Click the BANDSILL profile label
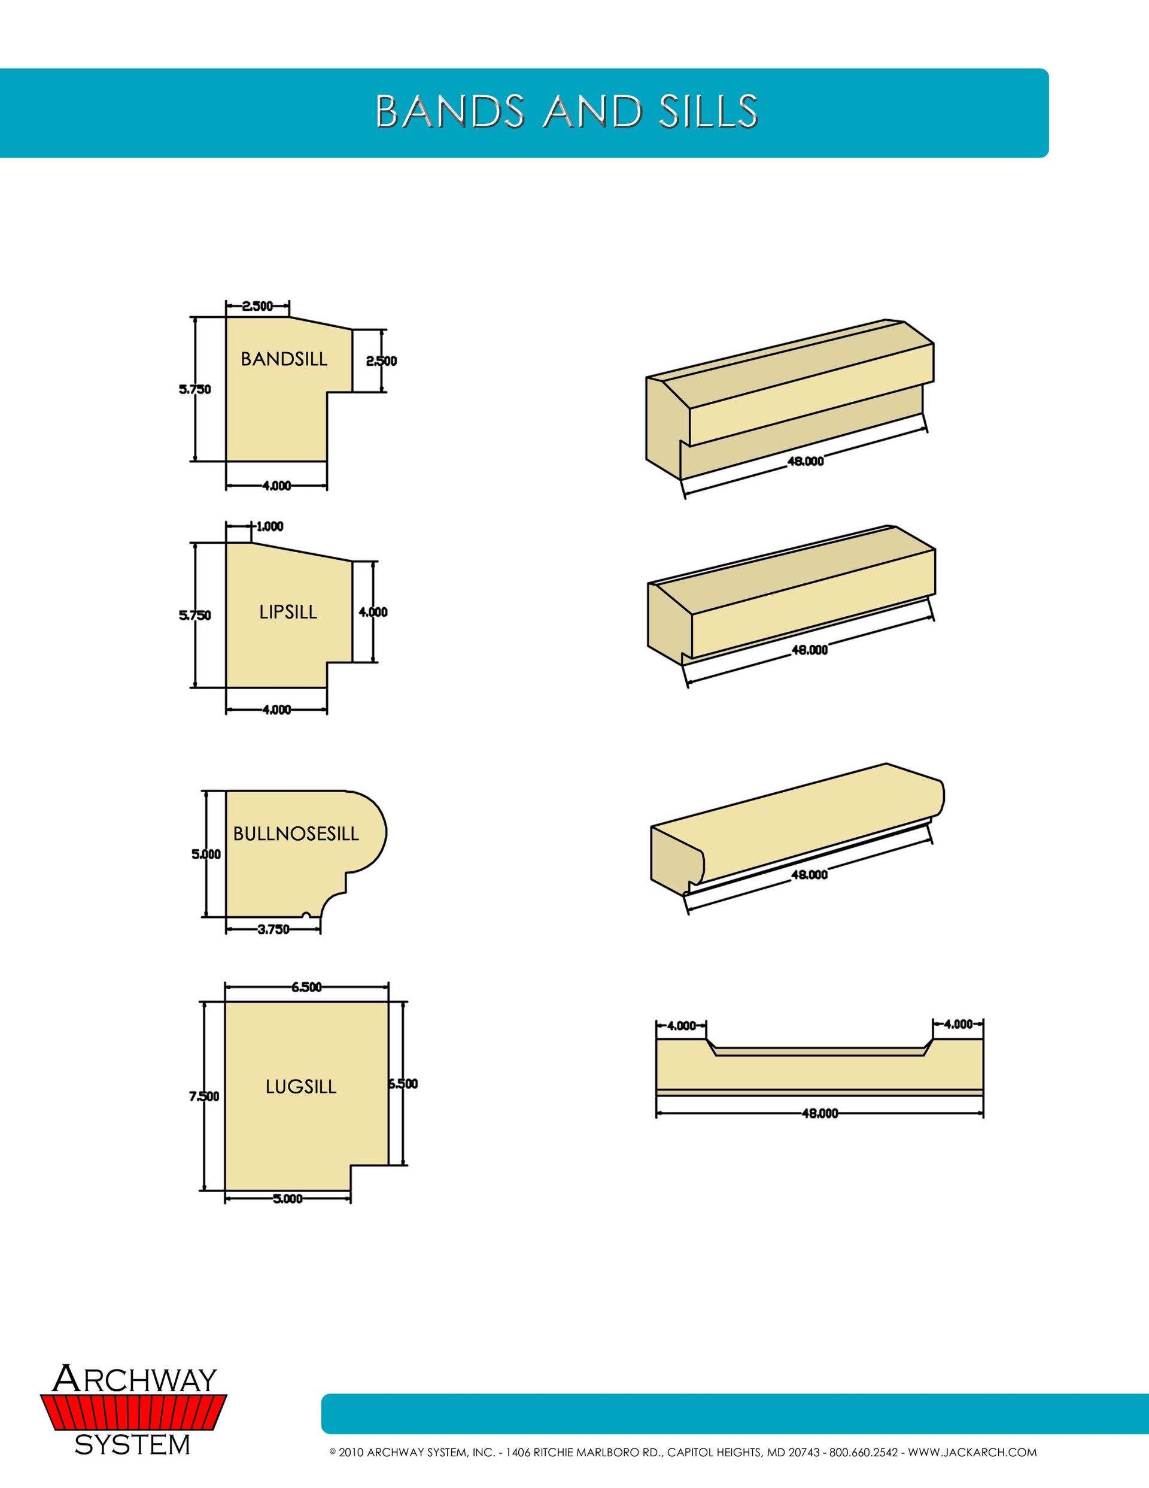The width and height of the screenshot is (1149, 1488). pyautogui.click(x=284, y=359)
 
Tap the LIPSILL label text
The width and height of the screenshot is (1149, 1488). pyautogui.click(x=288, y=612)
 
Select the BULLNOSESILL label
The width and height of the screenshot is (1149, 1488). pyautogui.click(x=296, y=834)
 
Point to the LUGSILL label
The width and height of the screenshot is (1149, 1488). pyautogui.click(x=301, y=1087)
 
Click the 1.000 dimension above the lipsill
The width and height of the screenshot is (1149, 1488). pyautogui.click(x=270, y=526)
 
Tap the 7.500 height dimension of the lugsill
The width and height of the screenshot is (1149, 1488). pyautogui.click(x=203, y=1096)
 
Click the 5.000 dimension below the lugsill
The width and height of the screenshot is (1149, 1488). pyautogui.click(x=287, y=1199)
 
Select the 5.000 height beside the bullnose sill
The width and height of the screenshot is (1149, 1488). pyautogui.click(x=206, y=854)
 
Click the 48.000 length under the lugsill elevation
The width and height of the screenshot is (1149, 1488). pyautogui.click(x=820, y=1114)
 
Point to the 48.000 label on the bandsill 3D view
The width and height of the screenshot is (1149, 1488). pyautogui.click(x=805, y=461)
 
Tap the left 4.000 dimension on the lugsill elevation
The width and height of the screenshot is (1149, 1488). pyautogui.click(x=681, y=1025)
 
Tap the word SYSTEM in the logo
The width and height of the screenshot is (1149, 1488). pyautogui.click(x=132, y=1444)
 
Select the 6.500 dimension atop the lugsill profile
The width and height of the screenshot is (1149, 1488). pyautogui.click(x=306, y=987)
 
